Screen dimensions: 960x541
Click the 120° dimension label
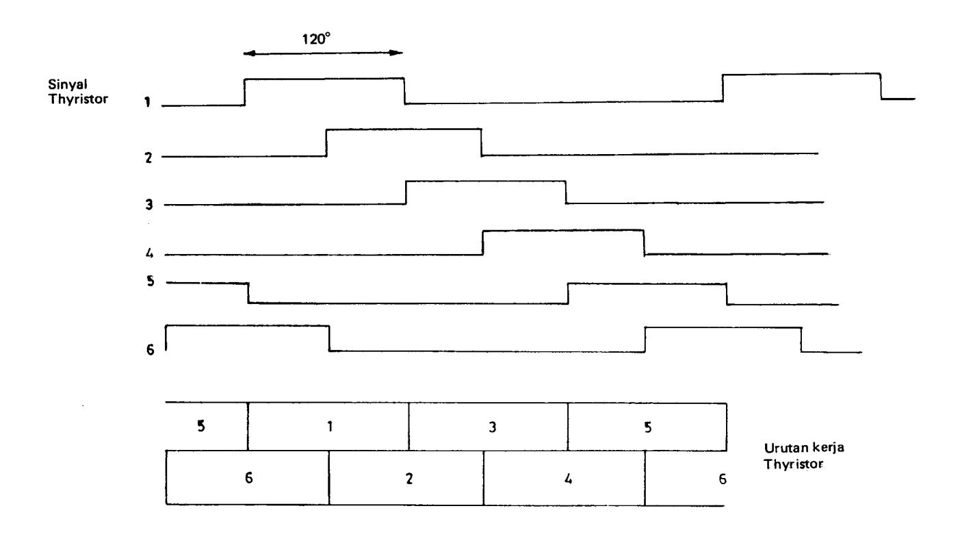click(x=316, y=39)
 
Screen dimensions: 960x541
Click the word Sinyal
click(x=68, y=84)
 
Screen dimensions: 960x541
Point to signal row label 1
click(x=147, y=103)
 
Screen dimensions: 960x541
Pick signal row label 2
click(x=148, y=158)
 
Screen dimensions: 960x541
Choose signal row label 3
click(x=148, y=205)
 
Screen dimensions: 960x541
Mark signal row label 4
click(x=149, y=253)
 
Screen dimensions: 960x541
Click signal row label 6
click(x=150, y=350)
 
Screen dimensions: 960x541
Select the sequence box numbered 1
click(x=328, y=427)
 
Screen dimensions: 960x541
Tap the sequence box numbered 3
click(x=489, y=427)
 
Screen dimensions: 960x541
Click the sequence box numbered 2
click(x=406, y=477)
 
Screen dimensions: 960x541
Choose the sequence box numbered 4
click(x=565, y=478)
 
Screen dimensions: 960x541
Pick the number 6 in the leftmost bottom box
click(x=248, y=478)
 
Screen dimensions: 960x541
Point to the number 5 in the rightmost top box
click(x=647, y=427)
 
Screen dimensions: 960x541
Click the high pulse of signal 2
click(x=404, y=129)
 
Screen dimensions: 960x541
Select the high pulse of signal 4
click(x=563, y=231)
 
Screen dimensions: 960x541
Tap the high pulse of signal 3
click(x=486, y=181)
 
